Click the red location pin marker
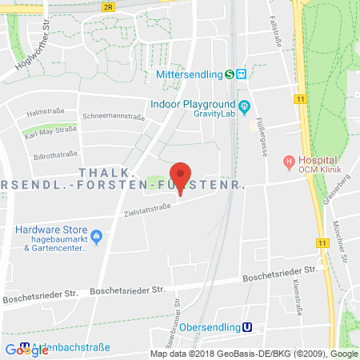(x=182, y=175)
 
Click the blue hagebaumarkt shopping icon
(x=97, y=236)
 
